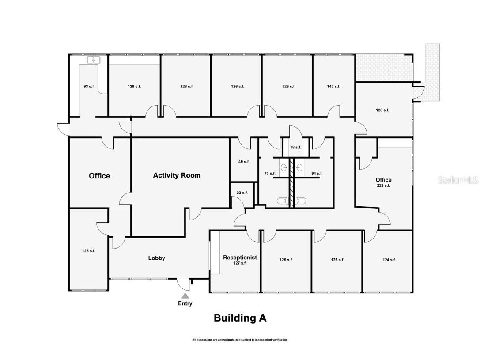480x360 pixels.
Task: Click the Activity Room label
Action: pyautogui.click(x=177, y=175)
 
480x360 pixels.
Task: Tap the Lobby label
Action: pyautogui.click(x=156, y=258)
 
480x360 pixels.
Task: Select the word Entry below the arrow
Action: pyautogui.click(x=185, y=303)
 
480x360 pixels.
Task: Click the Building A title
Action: pyautogui.click(x=240, y=318)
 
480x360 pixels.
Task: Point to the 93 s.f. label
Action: pyautogui.click(x=89, y=87)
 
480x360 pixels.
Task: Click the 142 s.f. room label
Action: pyautogui.click(x=333, y=87)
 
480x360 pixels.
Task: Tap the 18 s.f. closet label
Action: pyautogui.click(x=295, y=147)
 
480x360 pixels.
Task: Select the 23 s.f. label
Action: pyautogui.click(x=242, y=193)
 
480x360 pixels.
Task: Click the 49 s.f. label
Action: pyautogui.click(x=244, y=162)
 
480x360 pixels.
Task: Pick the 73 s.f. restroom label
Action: pyautogui.click(x=269, y=174)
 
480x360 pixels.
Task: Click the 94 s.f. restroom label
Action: pyautogui.click(x=317, y=174)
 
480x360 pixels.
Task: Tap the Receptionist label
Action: pyautogui.click(x=240, y=258)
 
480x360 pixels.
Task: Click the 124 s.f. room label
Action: pyautogui.click(x=389, y=260)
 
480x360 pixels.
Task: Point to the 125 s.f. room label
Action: pyautogui.click(x=89, y=251)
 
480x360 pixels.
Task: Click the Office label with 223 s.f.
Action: pyautogui.click(x=383, y=182)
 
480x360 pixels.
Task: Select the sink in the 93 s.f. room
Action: pyautogui.click(x=93, y=61)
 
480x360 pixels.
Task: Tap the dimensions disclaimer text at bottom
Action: pyautogui.click(x=240, y=340)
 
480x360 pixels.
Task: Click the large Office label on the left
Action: pyautogui.click(x=99, y=176)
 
